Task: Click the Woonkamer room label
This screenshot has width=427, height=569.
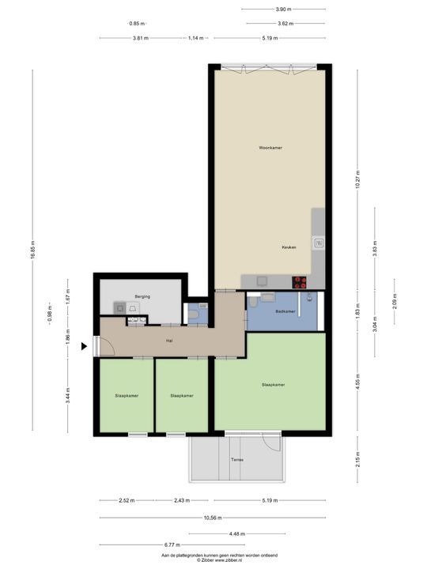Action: [270, 148]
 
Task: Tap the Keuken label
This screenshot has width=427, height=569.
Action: [289, 247]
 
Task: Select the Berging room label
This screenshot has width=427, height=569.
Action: [142, 296]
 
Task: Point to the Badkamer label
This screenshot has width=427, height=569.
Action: [285, 312]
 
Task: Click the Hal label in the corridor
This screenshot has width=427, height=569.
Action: [169, 341]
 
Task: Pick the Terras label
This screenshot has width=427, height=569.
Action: [237, 459]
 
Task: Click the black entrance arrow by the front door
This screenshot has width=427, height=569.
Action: [85, 345]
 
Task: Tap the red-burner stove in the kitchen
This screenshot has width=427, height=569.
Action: [300, 280]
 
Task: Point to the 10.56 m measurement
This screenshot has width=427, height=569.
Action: [212, 518]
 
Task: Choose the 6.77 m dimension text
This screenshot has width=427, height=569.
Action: [172, 545]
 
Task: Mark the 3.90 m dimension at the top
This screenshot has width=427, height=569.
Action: [281, 9]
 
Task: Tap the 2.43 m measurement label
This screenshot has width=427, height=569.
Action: [182, 500]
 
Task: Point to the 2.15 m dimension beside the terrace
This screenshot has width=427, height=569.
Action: [357, 459]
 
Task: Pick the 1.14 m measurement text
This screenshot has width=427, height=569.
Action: [195, 38]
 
